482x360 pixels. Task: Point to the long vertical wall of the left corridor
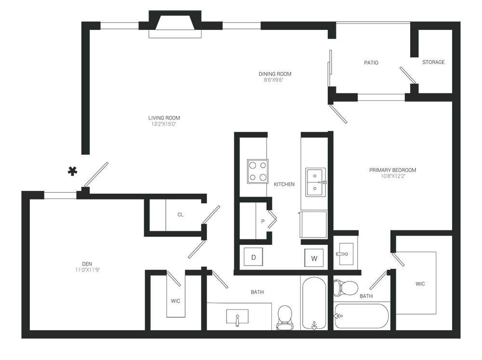point(87,96)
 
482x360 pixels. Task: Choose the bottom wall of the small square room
point(176,235)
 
